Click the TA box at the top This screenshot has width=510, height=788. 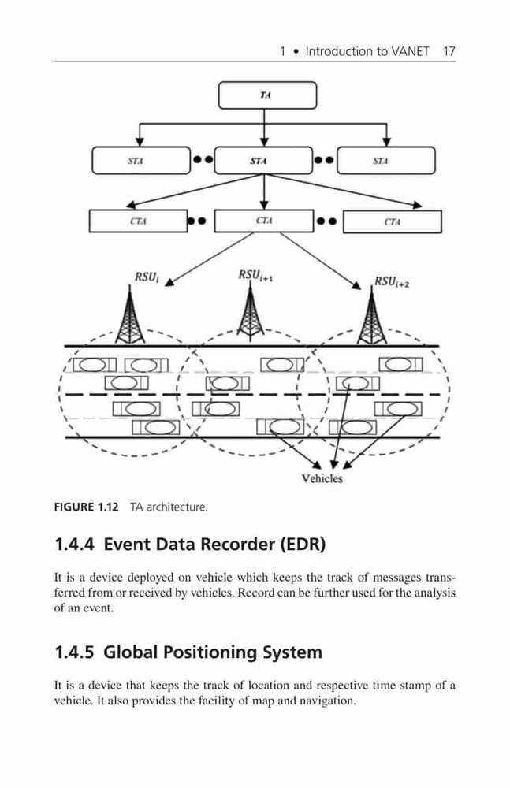tap(267, 95)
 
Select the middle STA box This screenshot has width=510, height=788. tap(263, 161)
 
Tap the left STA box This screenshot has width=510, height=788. tap(141, 161)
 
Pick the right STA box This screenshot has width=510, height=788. tap(386, 161)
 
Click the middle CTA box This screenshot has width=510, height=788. tap(264, 221)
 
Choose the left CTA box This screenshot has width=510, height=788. tap(138, 221)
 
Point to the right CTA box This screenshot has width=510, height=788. tap(393, 221)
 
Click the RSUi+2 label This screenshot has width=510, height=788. tap(391, 281)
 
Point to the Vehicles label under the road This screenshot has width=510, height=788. tap(322, 478)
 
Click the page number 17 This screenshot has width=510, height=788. tap(449, 51)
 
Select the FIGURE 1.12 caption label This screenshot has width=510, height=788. tap(86, 507)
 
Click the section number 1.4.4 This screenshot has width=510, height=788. tap(74, 545)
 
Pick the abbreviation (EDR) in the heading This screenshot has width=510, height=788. tap(303, 545)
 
